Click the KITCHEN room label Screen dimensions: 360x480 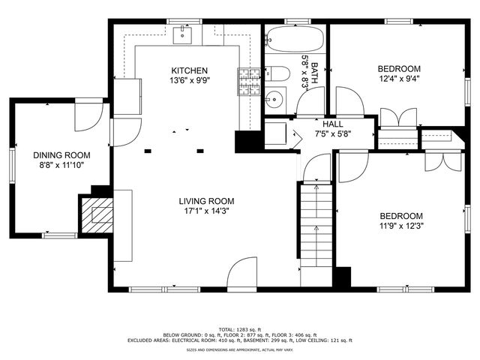[189, 70]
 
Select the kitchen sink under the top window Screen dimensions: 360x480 [183, 34]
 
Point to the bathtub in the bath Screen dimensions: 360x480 [295, 37]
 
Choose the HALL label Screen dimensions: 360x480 [333, 124]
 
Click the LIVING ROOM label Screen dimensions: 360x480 [206, 201]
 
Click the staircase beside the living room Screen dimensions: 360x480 [316, 232]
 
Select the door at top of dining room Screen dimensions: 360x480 [87, 115]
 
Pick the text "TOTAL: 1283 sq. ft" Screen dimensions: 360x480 [238, 329]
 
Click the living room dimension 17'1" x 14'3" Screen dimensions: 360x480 [206, 211]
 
